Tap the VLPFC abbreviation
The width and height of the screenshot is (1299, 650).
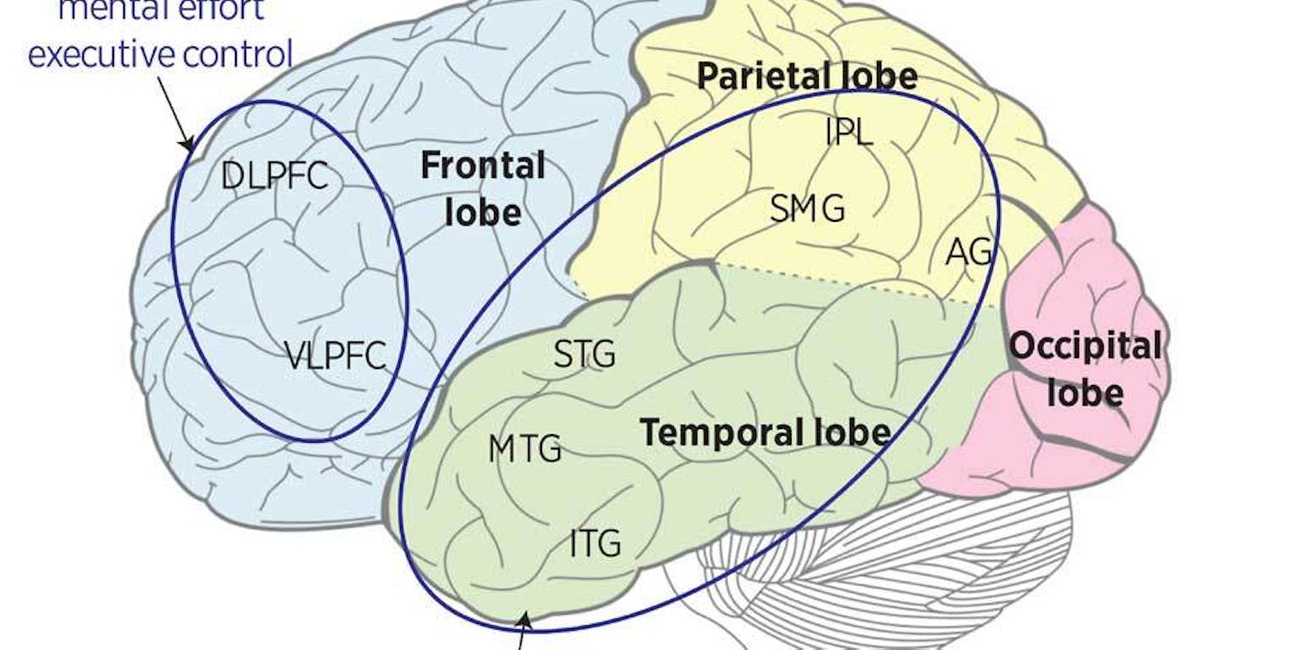pos(335,355)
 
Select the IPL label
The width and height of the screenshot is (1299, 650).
pos(848,132)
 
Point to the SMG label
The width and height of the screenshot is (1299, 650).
pos(807,208)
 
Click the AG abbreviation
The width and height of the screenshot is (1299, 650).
pos(967,251)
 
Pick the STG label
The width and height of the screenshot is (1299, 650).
pos(584,355)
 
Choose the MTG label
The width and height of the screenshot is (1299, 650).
pos(524,449)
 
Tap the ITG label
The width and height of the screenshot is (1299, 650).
pos(595,543)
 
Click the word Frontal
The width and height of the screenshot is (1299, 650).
pos(483,166)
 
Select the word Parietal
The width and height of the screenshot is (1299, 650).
pos(762,77)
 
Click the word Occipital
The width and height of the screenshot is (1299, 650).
pos(1085,346)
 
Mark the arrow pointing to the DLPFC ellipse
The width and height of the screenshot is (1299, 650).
pos(176,118)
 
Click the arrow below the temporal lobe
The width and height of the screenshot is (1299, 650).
pos(523,635)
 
